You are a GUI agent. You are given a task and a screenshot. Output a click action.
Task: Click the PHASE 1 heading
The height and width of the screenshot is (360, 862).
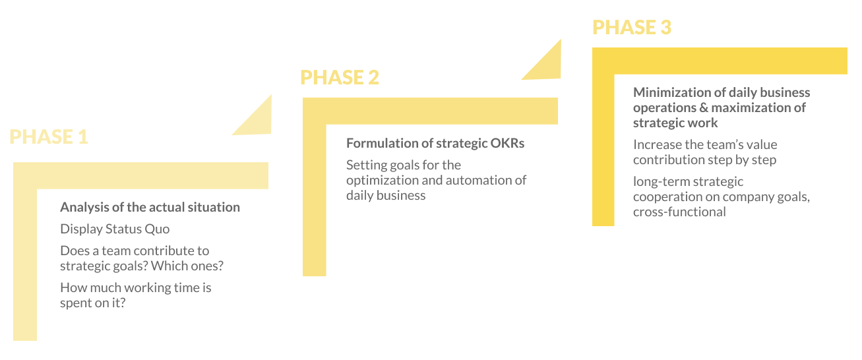(x=49, y=136)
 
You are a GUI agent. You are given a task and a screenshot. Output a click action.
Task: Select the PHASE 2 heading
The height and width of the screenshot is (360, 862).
(x=340, y=77)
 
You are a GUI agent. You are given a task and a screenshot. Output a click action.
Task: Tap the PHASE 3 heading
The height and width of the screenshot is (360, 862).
(x=632, y=27)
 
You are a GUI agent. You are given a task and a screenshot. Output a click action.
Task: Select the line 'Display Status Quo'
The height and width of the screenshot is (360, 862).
(x=115, y=229)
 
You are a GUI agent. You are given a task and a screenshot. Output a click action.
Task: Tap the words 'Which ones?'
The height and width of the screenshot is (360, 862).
(x=202, y=266)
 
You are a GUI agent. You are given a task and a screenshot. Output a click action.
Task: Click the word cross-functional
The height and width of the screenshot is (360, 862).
(x=679, y=212)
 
